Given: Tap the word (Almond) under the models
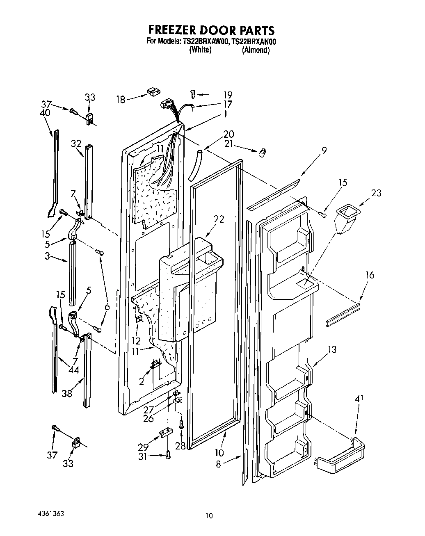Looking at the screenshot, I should tap(256, 50).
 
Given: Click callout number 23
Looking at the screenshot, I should tap(376, 192).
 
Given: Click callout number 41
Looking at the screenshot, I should tap(359, 398).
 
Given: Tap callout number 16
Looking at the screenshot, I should tap(369, 275).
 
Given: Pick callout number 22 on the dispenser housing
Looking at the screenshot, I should tap(219, 219).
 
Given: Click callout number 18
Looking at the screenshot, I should tap(120, 100).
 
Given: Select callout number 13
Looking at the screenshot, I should tap(332, 349).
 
